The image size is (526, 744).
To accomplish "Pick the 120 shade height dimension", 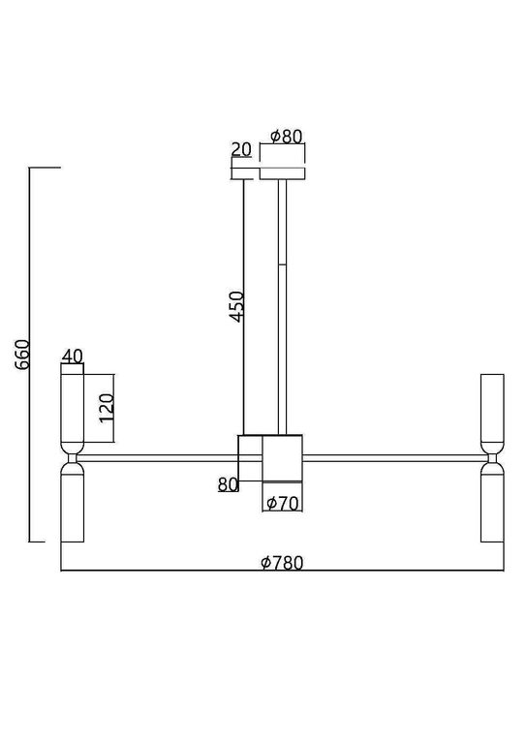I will click(108, 403).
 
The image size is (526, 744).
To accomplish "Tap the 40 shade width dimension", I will click(72, 356).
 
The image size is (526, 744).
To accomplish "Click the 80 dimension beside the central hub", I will click(228, 484).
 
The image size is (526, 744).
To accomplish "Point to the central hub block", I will click(282, 457).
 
